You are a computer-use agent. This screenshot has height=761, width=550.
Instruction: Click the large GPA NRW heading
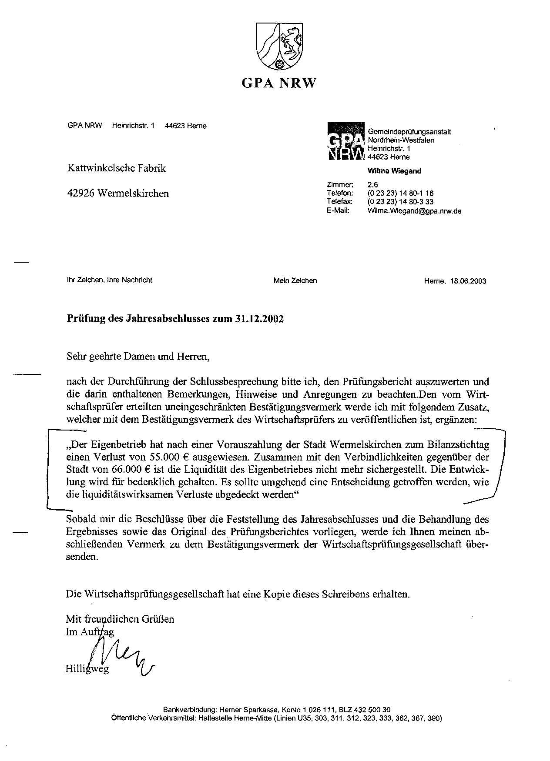click(x=278, y=83)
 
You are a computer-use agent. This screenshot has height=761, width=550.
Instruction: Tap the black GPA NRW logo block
click(x=345, y=142)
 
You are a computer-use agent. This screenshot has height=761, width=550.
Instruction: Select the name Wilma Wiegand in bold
click(x=394, y=171)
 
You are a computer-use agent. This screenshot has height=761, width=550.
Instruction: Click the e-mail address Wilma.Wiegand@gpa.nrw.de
click(x=414, y=211)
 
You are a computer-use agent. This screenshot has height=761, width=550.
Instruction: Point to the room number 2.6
click(x=373, y=184)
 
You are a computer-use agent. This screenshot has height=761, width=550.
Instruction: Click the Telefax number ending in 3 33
click(x=400, y=202)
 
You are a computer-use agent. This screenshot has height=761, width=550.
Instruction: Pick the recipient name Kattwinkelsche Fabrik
click(x=116, y=168)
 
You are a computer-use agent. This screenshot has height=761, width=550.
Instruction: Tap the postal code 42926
click(x=80, y=193)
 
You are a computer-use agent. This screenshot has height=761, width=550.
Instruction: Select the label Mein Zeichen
click(x=295, y=280)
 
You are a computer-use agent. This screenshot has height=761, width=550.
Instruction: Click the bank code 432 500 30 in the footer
click(x=376, y=710)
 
